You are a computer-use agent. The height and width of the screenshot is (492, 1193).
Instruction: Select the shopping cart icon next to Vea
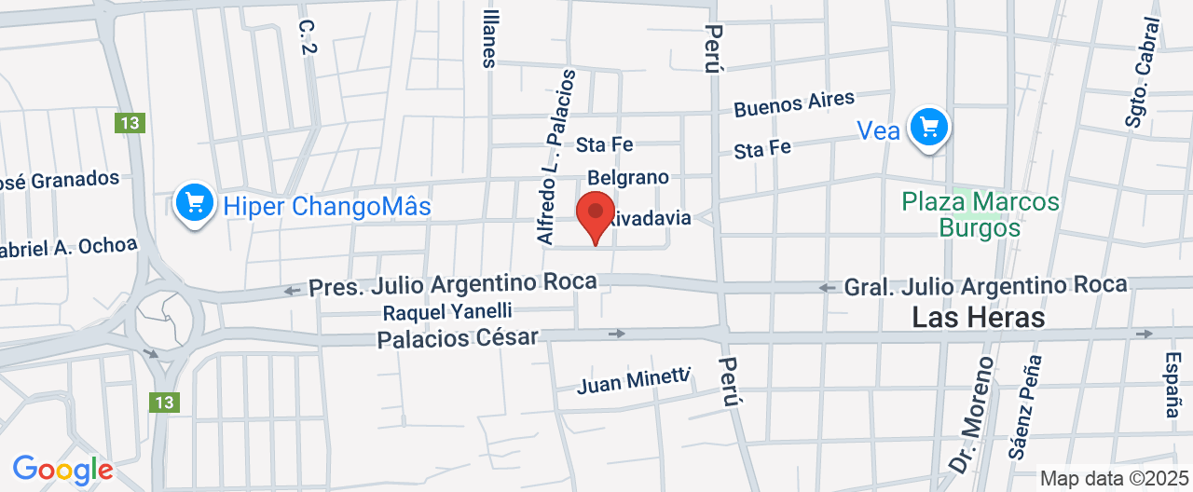coord(928,126)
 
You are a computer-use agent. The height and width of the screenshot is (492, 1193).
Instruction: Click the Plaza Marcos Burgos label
coord(980,214)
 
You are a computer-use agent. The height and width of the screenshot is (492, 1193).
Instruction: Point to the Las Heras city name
coord(978,318)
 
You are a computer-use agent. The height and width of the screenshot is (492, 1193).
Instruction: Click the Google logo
coord(62,469)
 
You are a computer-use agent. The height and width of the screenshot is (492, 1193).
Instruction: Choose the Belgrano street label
coord(628,177)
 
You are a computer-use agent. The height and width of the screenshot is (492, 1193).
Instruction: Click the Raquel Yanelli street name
coord(447,311)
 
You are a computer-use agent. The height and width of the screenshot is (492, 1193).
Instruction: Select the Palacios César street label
coord(458,338)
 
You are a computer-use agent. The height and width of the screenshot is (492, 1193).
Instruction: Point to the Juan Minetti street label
coord(633,381)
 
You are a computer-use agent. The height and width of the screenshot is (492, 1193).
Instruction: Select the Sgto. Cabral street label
coord(1144,60)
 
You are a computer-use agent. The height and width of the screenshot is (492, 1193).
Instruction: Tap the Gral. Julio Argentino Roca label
coord(985,285)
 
